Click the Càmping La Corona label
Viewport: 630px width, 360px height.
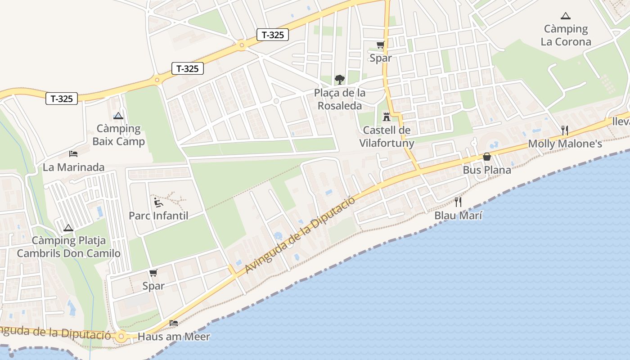pyautogui.click(x=566, y=36)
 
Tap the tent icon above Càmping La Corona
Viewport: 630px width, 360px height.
pyautogui.click(x=566, y=16)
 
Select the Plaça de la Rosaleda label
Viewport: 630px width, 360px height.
pyautogui.click(x=340, y=99)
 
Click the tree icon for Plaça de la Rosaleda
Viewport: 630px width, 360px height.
pyautogui.click(x=340, y=80)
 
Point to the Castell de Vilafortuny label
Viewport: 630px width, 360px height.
pyautogui.click(x=387, y=137)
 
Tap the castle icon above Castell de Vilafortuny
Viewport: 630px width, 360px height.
pyautogui.click(x=386, y=117)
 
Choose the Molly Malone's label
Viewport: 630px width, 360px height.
pyautogui.click(x=565, y=144)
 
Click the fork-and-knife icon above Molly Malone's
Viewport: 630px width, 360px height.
pyautogui.click(x=565, y=130)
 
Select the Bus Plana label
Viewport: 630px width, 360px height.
pyautogui.click(x=487, y=170)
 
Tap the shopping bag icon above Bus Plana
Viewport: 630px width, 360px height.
pyautogui.click(x=487, y=157)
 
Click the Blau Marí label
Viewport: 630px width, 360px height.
pyautogui.click(x=458, y=216)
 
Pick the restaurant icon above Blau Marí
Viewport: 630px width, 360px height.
pyautogui.click(x=458, y=202)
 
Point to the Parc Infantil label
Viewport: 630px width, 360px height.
pyautogui.click(x=158, y=216)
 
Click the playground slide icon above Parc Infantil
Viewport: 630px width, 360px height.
pyautogui.click(x=158, y=202)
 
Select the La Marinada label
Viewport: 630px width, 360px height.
pyautogui.click(x=73, y=167)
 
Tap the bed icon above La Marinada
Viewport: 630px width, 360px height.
pyautogui.click(x=73, y=154)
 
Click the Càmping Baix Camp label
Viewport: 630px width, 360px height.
pyautogui.click(x=118, y=135)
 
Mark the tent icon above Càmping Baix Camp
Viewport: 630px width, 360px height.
pyautogui.click(x=118, y=116)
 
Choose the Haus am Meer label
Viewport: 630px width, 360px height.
pyautogui.click(x=174, y=337)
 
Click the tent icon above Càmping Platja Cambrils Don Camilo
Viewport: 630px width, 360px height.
pyautogui.click(x=68, y=228)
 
